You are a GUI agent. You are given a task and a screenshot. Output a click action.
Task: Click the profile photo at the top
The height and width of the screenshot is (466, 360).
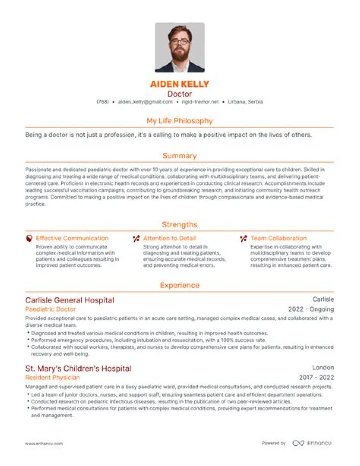(179, 48)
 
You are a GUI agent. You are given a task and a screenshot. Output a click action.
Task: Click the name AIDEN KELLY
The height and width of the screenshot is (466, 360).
(179, 84)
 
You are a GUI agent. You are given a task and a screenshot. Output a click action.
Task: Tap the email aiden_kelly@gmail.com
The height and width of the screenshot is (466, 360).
(145, 102)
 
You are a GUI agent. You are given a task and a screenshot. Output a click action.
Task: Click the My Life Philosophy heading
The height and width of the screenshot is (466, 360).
(179, 121)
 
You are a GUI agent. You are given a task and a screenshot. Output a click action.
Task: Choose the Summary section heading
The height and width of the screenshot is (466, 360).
(179, 156)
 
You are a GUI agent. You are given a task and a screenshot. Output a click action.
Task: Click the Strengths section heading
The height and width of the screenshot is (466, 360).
(179, 225)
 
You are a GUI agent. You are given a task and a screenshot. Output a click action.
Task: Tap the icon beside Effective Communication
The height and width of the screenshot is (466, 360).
(29, 239)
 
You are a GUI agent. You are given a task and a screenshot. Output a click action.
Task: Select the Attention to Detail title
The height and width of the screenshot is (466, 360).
(169, 239)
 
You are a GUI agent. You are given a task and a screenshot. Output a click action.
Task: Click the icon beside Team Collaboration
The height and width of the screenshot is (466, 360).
(243, 239)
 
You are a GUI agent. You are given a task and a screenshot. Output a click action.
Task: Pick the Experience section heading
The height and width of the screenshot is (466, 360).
(179, 285)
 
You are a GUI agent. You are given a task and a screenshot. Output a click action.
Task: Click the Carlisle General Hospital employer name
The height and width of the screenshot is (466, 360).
(69, 300)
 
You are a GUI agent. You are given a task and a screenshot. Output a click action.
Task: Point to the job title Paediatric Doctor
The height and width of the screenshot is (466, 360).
(50, 309)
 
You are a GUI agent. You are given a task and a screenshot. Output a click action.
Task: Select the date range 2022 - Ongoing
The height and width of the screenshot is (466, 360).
(311, 309)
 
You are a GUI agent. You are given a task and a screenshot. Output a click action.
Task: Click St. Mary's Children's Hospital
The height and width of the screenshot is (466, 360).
(78, 369)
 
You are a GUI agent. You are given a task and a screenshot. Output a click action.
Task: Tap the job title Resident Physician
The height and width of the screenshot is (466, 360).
(52, 378)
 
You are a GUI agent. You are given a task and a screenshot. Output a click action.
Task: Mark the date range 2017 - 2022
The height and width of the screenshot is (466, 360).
(316, 378)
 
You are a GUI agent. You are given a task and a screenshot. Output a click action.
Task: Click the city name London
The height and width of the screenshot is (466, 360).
(323, 368)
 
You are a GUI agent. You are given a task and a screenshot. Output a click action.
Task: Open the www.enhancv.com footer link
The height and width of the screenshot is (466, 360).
(44, 444)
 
